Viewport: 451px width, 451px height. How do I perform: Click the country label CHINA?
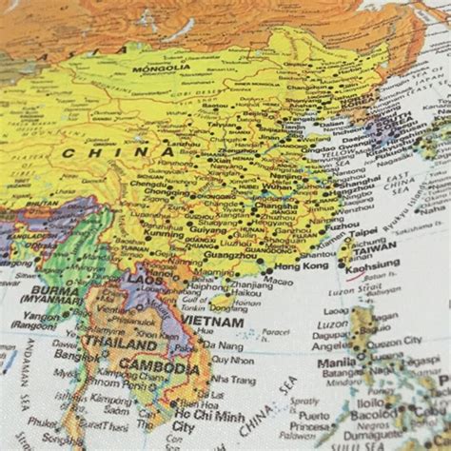(x=106, y=151)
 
